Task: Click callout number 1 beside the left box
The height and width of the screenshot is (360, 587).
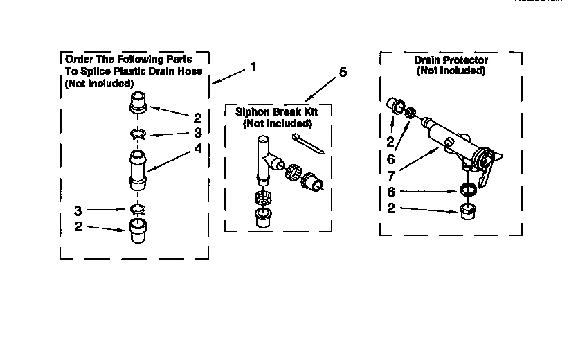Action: tap(253, 67)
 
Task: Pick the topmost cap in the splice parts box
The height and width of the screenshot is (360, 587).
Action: tap(138, 102)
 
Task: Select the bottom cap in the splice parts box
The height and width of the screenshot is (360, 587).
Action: tap(138, 228)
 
